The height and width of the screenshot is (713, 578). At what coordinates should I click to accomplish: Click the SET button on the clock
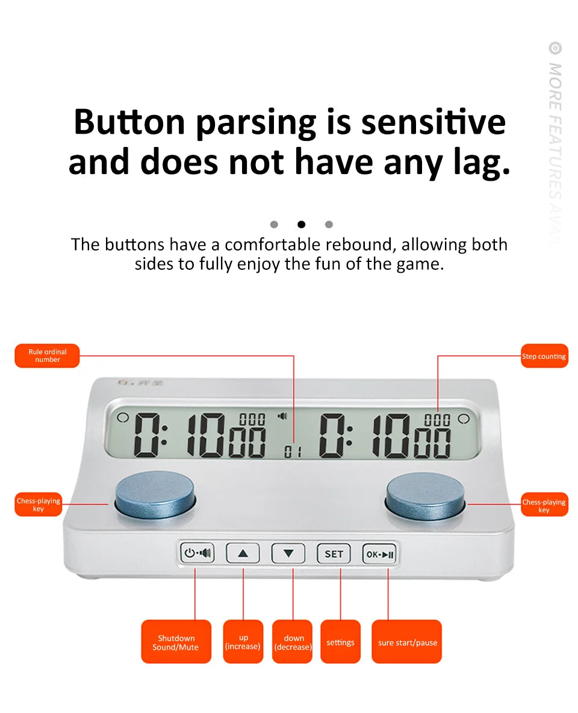pyautogui.click(x=334, y=553)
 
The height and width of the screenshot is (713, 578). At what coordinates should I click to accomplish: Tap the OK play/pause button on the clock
pyautogui.click(x=379, y=553)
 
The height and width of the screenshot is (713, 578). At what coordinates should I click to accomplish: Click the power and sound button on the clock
pyautogui.click(x=197, y=553)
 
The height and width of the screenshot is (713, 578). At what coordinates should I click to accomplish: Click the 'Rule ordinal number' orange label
pyautogui.click(x=47, y=356)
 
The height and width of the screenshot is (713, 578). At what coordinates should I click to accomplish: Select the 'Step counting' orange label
pyautogui.click(x=544, y=356)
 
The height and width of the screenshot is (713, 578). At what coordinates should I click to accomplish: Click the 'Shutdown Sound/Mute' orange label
pyautogui.click(x=176, y=642)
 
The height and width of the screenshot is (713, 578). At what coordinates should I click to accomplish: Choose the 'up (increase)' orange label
pyautogui.click(x=243, y=642)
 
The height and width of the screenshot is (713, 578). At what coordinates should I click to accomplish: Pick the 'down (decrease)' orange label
pyautogui.click(x=293, y=642)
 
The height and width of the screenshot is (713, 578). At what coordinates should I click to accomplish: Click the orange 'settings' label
pyautogui.click(x=340, y=642)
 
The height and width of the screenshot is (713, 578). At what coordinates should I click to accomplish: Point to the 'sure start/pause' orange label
pyautogui.click(x=407, y=642)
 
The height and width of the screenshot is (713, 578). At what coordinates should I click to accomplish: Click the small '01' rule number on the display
pyautogui.click(x=293, y=452)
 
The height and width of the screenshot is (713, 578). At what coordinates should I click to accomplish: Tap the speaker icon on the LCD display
pyautogui.click(x=282, y=416)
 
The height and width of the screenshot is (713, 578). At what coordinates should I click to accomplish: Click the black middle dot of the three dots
pyautogui.click(x=301, y=225)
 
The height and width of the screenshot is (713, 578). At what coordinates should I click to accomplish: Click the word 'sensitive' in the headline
pyautogui.click(x=433, y=122)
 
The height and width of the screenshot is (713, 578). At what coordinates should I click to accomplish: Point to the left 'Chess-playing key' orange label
pyautogui.click(x=39, y=505)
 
